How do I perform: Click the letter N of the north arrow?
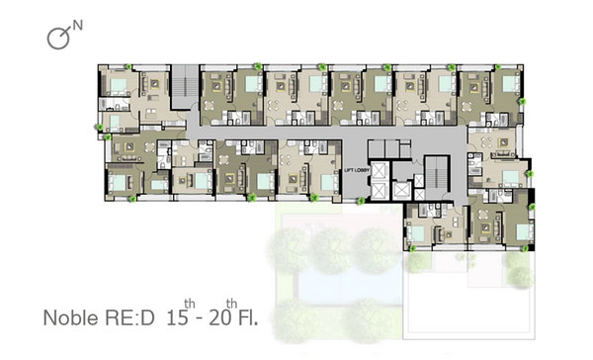pyautogui.click(x=77, y=26)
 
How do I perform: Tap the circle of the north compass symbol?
pyautogui.click(x=58, y=39)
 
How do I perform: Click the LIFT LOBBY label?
pyautogui.click(x=357, y=171)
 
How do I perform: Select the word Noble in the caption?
pyautogui.click(x=71, y=318)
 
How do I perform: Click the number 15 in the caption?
pyautogui.click(x=177, y=318)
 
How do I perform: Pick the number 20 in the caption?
pyautogui.click(x=219, y=318)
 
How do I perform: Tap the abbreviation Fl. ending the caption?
pyautogui.click(x=248, y=318)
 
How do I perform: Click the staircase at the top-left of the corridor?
pyautogui.click(x=186, y=87)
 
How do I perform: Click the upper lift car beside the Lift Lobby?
pyautogui.click(x=379, y=171)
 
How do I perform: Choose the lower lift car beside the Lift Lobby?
pyautogui.click(x=379, y=191)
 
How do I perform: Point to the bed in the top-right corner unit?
pyautogui.click(x=510, y=84)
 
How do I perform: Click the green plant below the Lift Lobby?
pyautogui.click(x=361, y=201)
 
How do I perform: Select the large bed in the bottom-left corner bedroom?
pyautogui.click(x=118, y=183)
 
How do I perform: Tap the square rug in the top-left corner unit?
pyautogui.click(x=155, y=84)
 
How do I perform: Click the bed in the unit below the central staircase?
pyautogui.click(x=418, y=233)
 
